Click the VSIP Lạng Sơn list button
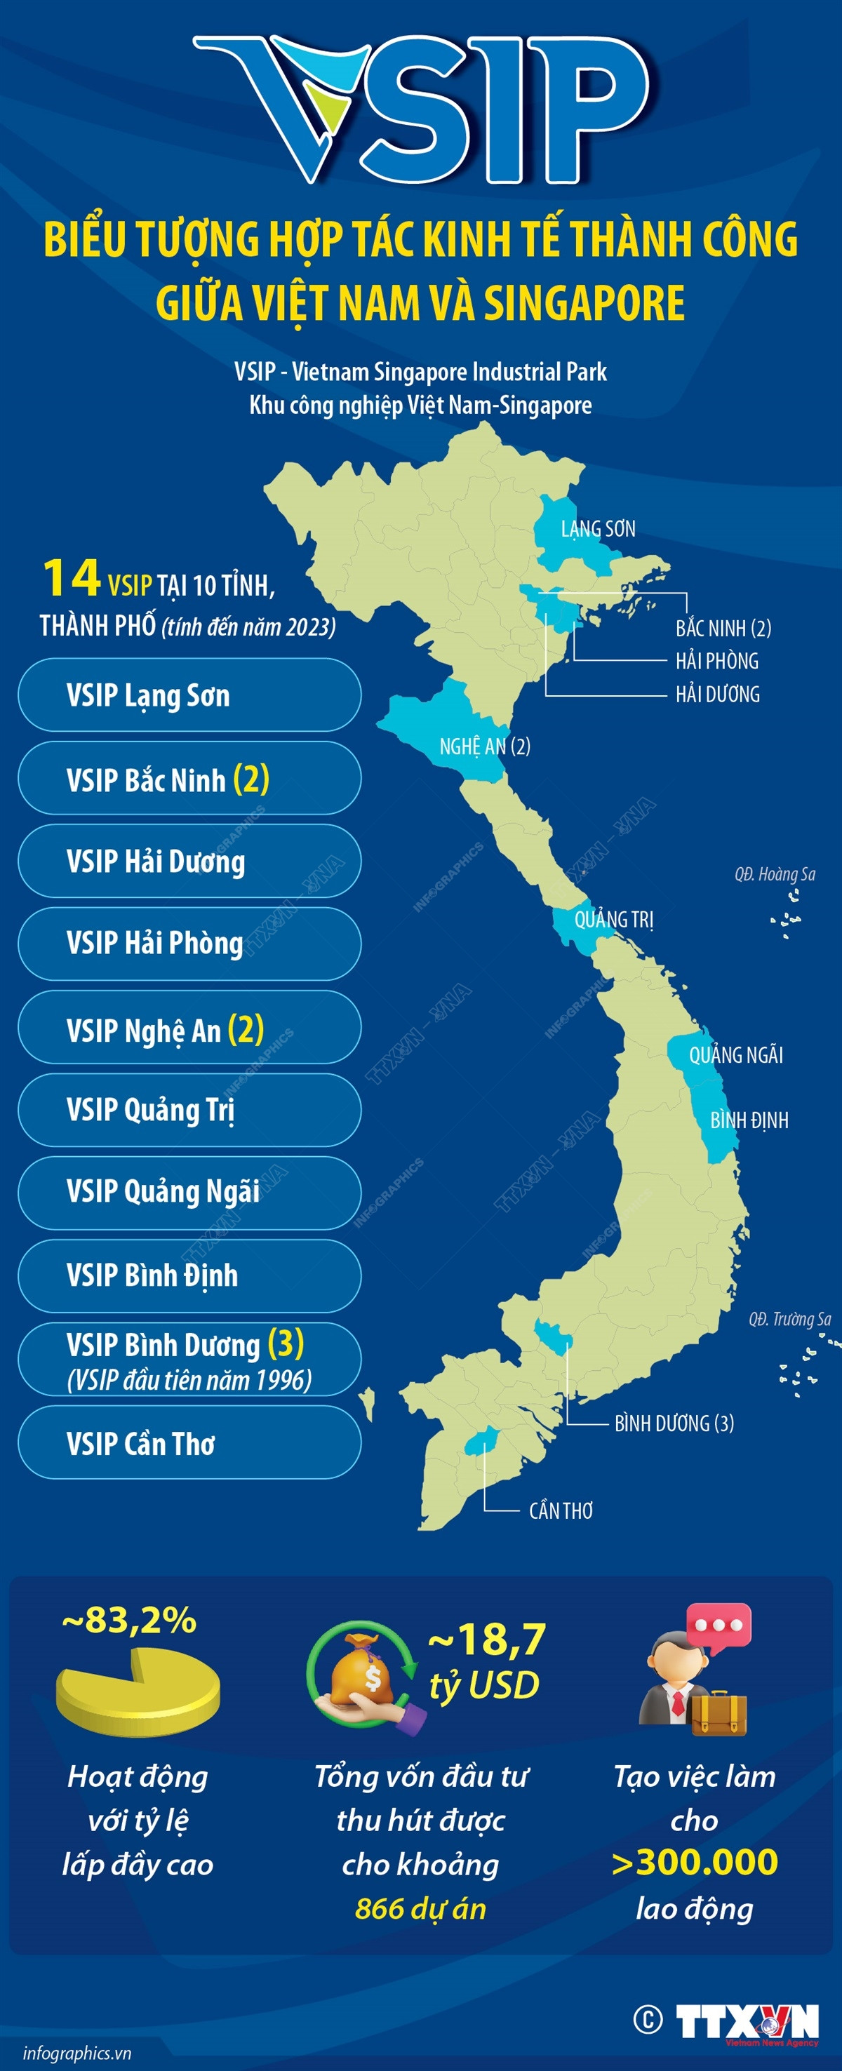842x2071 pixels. [x=189, y=695]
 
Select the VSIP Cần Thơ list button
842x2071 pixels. [x=189, y=1443]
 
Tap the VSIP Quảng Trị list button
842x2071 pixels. [x=189, y=1109]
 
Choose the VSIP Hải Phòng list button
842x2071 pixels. [x=189, y=943]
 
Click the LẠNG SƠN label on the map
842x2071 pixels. [x=598, y=528]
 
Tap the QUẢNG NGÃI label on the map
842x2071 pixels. [x=735, y=1055]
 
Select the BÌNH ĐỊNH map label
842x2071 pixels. [x=749, y=1120]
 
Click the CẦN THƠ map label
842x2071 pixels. [x=561, y=1510]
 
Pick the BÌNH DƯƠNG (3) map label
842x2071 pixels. [x=674, y=1423]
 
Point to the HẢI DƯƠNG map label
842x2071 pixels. [x=717, y=694]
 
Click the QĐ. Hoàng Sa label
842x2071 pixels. [x=775, y=874]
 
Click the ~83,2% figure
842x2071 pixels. [x=128, y=1620]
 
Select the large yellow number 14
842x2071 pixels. [x=71, y=579]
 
